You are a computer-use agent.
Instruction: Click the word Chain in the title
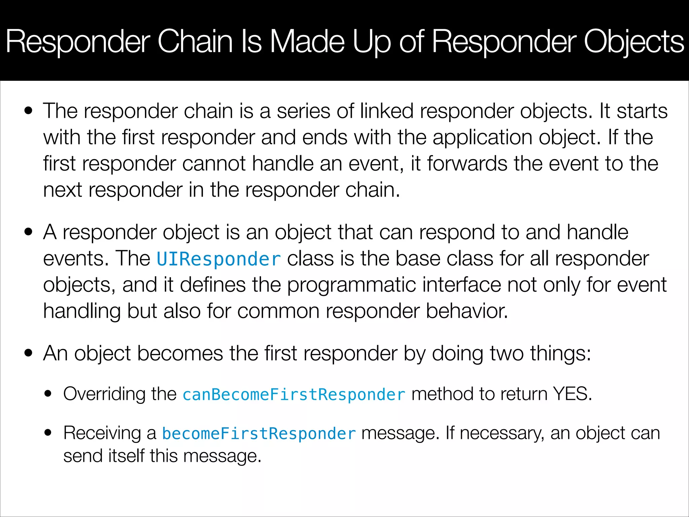195,42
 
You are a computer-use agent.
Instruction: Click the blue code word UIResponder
219,259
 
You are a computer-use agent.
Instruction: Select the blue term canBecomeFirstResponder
294,394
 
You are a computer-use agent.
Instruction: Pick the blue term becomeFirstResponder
259,433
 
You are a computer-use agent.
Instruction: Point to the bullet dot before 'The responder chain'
29,111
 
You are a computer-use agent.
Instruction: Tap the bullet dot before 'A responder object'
29,232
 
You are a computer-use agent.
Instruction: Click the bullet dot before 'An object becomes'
29,353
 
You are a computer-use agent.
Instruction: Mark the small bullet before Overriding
48,394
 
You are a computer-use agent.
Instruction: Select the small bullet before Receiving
48,433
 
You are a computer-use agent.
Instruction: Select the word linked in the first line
387,111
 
